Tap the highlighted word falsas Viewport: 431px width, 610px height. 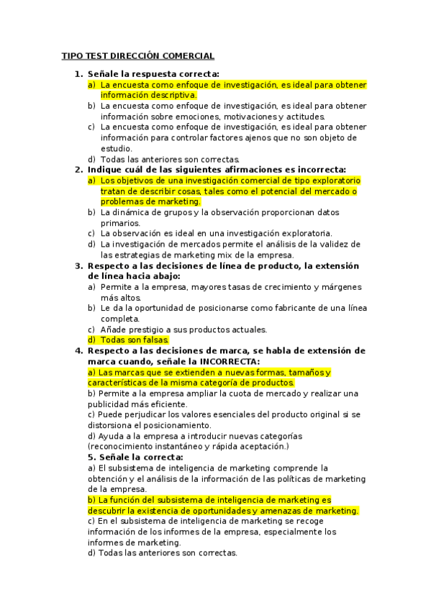pyautogui.click(x=154, y=340)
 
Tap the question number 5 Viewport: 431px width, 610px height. pyautogui.click(x=91, y=457)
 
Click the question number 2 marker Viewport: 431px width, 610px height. pyautogui.click(x=78, y=170)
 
